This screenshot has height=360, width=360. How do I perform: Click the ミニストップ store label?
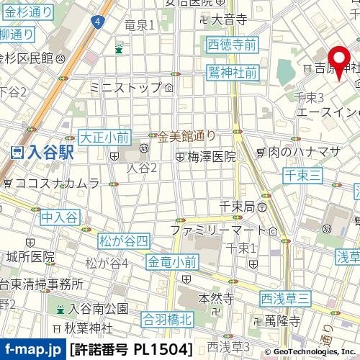point(126,88)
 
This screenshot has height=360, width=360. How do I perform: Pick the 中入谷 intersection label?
point(59,215)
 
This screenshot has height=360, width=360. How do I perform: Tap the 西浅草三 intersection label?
point(285,298)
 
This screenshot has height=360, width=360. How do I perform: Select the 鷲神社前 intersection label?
point(233,72)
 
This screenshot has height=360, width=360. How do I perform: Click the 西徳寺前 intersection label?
point(232,45)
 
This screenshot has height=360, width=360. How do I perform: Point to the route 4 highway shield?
point(96,23)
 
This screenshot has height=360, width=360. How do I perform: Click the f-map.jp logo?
point(33,350)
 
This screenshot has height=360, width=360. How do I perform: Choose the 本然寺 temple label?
point(215,297)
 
